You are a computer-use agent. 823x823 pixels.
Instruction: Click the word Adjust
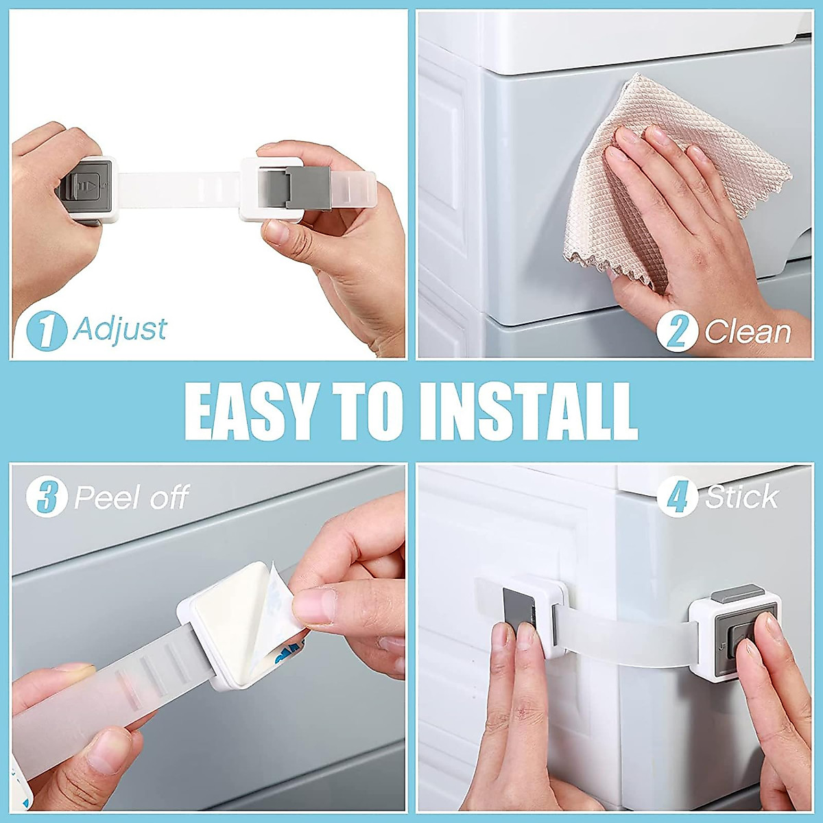[x=120, y=329]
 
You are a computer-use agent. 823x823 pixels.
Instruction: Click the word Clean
[x=748, y=332]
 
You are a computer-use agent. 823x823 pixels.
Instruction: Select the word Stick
[x=742, y=497]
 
